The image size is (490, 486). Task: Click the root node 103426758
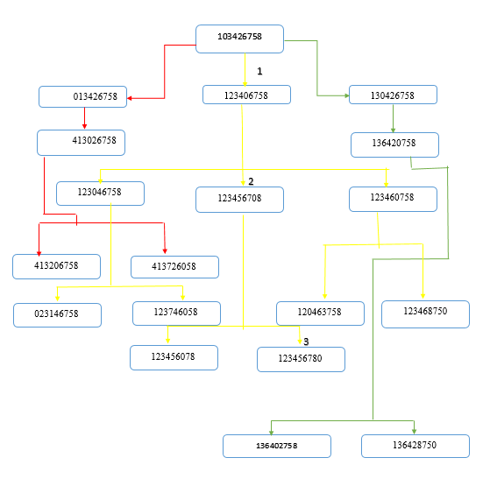tap(239, 38)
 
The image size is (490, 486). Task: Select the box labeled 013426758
tap(83, 96)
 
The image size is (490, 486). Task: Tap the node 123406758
tap(246, 95)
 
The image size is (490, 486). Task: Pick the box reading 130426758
tap(393, 95)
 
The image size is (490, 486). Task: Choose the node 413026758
tap(82, 141)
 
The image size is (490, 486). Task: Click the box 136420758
tap(394, 144)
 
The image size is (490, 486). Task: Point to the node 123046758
tap(100, 192)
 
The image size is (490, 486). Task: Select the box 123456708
tap(240, 199)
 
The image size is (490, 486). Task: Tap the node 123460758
tap(393, 198)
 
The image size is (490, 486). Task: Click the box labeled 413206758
tap(56, 264)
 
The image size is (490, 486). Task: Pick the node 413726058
tap(174, 265)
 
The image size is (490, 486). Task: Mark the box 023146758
tap(57, 314)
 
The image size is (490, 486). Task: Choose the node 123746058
tap(176, 312)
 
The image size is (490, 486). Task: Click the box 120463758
tap(320, 313)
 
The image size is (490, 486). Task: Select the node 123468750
tap(425, 313)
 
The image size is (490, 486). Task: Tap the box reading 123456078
tap(174, 356)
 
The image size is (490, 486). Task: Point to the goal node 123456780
tap(301, 358)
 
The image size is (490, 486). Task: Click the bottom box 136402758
tap(277, 446)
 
